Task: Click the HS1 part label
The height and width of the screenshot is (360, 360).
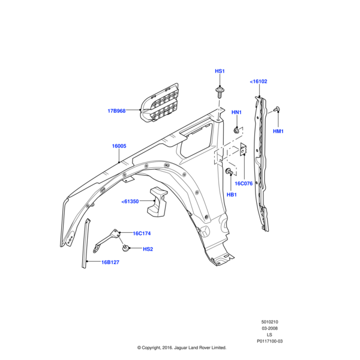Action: point(220,71)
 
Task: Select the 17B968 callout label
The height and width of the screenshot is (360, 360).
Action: point(116,111)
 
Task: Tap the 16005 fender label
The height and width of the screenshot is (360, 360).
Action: point(119,146)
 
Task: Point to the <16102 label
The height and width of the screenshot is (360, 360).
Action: point(259,82)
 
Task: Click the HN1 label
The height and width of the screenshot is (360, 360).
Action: point(236,112)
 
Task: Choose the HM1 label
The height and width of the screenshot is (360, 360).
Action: point(278,131)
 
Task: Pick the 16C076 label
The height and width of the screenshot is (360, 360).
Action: point(244,184)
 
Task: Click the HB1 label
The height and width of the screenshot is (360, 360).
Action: point(232,195)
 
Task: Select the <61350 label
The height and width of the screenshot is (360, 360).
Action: point(130,202)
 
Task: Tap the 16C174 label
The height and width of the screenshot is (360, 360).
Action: point(142,233)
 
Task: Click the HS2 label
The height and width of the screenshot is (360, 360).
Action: point(148,249)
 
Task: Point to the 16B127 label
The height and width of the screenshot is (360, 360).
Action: point(110,262)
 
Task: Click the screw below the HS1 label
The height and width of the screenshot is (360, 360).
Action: point(220,92)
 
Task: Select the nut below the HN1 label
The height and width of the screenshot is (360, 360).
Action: point(237,130)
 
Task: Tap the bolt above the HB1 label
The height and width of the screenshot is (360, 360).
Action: point(230,172)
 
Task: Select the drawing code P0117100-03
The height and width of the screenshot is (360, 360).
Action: point(269,341)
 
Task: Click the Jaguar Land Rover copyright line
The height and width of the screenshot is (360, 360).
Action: point(181,347)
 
